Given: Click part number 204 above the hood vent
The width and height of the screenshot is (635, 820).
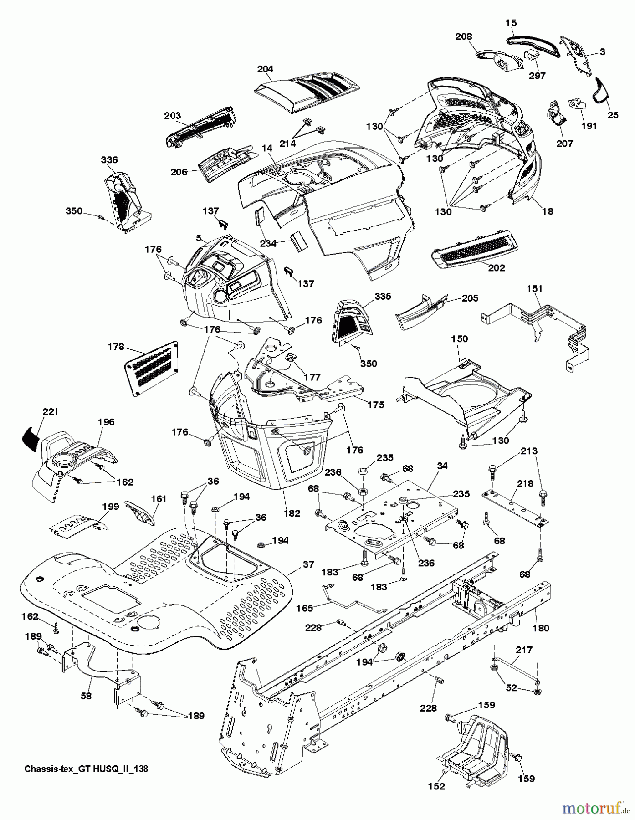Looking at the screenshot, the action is click(265, 69).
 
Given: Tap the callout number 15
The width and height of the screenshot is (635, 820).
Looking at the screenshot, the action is click(511, 22).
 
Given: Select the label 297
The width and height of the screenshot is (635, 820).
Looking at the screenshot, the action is click(538, 76).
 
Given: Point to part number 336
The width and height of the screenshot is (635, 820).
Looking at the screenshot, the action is click(109, 159).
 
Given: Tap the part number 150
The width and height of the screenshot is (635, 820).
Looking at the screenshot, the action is click(460, 339).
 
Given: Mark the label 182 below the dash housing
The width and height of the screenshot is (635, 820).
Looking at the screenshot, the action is click(292, 513).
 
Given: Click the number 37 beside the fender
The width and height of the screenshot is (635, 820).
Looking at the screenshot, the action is click(308, 564).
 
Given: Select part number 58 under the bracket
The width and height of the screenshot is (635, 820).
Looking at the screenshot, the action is click(86, 696).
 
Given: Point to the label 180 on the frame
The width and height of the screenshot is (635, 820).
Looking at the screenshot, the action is click(541, 628).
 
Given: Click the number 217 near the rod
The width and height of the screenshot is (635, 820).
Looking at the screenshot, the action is click(524, 650).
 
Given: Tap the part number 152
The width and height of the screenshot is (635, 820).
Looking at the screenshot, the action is click(437, 799).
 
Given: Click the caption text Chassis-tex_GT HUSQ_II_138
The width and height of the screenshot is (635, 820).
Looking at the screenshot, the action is click(86, 769).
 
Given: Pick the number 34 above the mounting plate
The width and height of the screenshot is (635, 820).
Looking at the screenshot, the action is click(442, 466).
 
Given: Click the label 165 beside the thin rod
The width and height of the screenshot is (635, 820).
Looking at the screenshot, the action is click(305, 608).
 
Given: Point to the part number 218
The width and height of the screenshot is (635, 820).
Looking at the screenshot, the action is click(525, 483).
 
